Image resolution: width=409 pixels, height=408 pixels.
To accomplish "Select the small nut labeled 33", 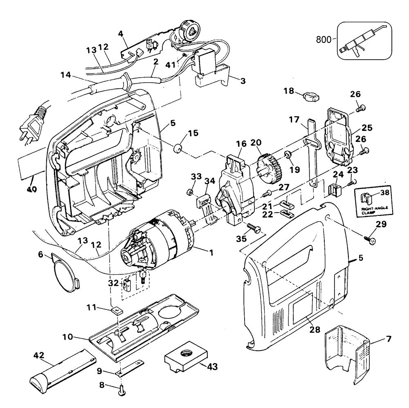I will [190, 192].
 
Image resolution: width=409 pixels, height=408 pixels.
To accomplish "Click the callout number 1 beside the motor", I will [211, 253].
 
